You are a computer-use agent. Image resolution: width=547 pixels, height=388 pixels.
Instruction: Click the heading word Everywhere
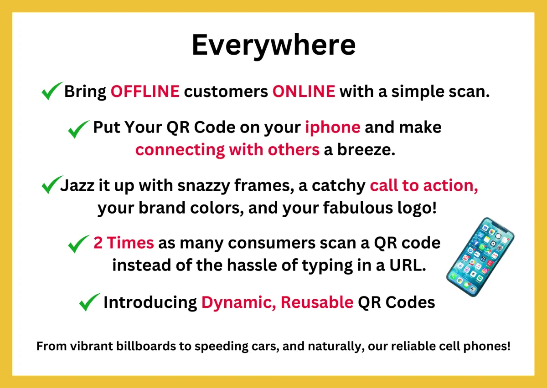click(x=273, y=46)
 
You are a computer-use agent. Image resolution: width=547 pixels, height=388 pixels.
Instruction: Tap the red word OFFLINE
click(x=145, y=92)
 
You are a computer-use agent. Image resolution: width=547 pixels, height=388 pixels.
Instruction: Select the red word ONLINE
click(x=304, y=92)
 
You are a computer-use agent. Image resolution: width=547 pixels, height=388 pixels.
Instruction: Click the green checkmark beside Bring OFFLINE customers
click(x=52, y=91)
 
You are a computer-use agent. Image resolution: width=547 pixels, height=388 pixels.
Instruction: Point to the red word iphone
click(x=333, y=127)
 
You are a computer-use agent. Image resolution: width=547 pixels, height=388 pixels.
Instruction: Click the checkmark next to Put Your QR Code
click(x=78, y=129)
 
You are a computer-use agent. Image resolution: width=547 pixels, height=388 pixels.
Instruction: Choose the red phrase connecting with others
click(x=227, y=149)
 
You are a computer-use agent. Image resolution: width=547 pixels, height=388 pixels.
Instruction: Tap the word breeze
click(x=366, y=149)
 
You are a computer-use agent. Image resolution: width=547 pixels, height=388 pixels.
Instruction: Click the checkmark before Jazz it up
click(x=52, y=184)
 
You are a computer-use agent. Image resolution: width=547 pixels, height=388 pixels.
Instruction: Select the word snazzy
click(x=204, y=185)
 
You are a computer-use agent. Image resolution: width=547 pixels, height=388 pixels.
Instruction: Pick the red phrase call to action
click(x=424, y=185)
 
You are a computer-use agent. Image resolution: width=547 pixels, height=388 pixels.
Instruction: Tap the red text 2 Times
click(x=124, y=243)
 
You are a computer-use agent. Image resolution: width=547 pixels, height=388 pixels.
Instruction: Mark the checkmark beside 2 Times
click(x=78, y=244)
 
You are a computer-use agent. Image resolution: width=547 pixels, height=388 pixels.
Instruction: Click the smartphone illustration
click(x=480, y=257)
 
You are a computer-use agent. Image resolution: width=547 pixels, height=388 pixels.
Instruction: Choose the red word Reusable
click(x=317, y=302)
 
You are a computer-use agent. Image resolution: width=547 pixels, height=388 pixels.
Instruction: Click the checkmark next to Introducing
click(x=90, y=302)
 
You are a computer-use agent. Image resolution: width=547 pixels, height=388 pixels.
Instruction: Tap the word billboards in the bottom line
click(x=146, y=346)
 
